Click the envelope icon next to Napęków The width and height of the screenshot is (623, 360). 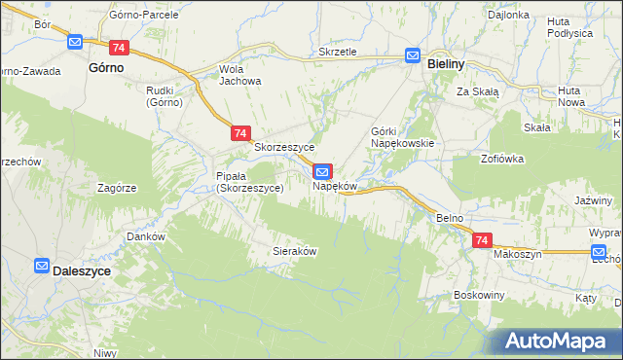(322, 171)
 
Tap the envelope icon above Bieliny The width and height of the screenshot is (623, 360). (413, 56)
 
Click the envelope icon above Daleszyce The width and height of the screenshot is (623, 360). (42, 265)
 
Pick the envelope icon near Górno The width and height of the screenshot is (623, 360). (76, 42)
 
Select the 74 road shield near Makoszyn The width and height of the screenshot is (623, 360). (481, 239)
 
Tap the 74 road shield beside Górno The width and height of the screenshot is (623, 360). (119, 47)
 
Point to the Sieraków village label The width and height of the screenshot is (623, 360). (295, 250)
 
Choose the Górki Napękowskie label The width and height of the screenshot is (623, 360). (401, 136)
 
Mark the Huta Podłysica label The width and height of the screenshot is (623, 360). (569, 26)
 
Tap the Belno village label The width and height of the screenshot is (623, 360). (449, 218)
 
